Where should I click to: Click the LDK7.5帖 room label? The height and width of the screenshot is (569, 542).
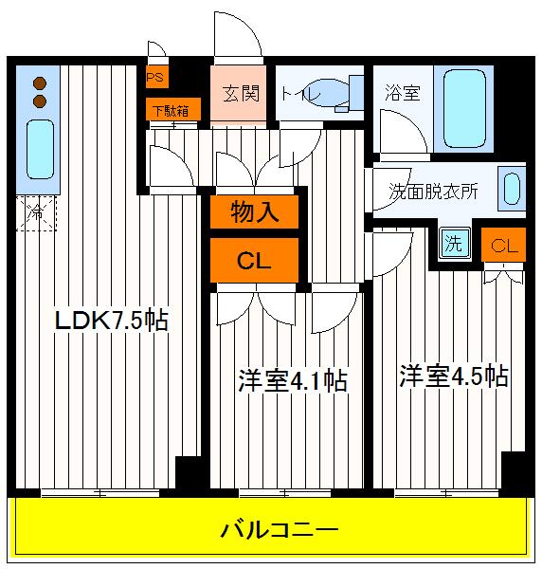click(110, 321)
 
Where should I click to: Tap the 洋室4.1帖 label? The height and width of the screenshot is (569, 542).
click(291, 381)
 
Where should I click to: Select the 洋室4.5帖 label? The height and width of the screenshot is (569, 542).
click(452, 376)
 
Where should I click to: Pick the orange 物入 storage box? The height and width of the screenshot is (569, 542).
click(254, 212)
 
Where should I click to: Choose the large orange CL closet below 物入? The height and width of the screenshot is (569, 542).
click(254, 261)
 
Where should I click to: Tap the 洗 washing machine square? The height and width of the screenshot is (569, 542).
click(454, 243)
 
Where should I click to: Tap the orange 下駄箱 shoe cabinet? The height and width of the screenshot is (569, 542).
click(172, 110)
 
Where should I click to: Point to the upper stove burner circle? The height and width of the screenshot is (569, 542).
click(40, 82)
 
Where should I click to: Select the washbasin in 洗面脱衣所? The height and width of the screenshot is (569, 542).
click(513, 188)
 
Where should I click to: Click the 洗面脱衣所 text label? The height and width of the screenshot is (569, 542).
click(433, 189)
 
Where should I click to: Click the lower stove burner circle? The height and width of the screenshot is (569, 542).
click(40, 100)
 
